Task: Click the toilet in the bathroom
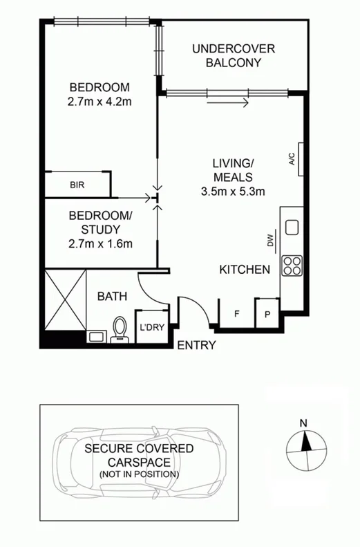[120, 330]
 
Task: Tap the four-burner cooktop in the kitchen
[291, 266]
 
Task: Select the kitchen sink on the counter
[291, 227]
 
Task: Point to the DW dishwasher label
[271, 241]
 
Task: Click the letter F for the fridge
[236, 315]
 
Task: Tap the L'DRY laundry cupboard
[151, 328]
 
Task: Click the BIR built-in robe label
[77, 185]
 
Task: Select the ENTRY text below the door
[197, 346]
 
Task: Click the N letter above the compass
[302, 423]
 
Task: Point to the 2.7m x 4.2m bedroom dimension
[100, 102]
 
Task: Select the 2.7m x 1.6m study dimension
[100, 243]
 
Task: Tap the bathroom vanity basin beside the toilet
[96, 337]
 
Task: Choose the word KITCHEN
[245, 270]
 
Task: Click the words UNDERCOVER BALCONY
[234, 55]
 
